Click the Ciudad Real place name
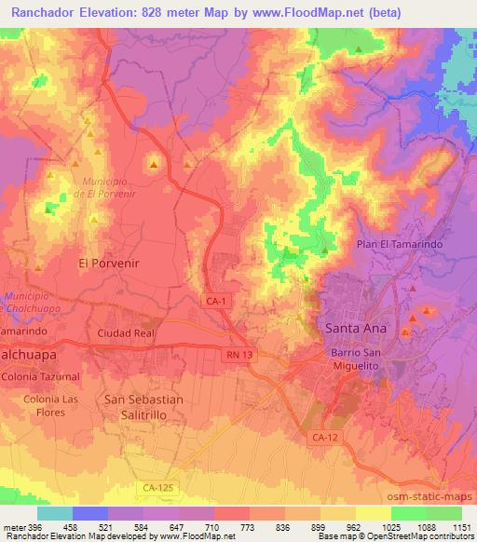pos(124,332)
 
